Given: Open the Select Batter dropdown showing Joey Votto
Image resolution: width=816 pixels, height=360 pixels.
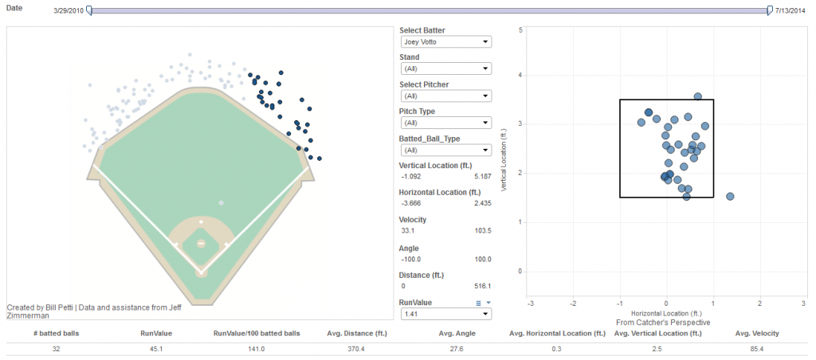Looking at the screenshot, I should pyautogui.click(x=445, y=41).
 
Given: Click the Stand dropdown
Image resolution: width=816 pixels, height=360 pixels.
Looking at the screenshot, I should pyautogui.click(x=445, y=68).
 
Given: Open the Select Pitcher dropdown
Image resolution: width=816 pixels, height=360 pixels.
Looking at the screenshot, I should pyautogui.click(x=445, y=96).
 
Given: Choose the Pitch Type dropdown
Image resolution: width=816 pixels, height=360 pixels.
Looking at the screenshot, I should pyautogui.click(x=445, y=123).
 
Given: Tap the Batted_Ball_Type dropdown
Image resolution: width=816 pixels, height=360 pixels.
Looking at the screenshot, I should pyautogui.click(x=445, y=150).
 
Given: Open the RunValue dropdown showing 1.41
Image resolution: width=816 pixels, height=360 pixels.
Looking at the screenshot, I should pyautogui.click(x=445, y=314).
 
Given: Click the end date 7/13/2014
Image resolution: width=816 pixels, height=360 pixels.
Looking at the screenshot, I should pyautogui.click(x=790, y=11).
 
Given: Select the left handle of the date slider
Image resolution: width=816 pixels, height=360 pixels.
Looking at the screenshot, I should pyautogui.click(x=89, y=11).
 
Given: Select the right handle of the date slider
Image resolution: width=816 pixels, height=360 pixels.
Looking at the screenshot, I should pyautogui.click(x=769, y=11).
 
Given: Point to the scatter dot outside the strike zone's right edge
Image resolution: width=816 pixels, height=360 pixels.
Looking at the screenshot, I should pyautogui.click(x=730, y=197).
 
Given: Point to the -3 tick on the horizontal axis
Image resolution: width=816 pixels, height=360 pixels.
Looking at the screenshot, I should pyautogui.click(x=531, y=303).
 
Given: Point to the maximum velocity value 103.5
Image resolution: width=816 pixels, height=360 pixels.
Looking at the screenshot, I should pyautogui.click(x=481, y=230).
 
